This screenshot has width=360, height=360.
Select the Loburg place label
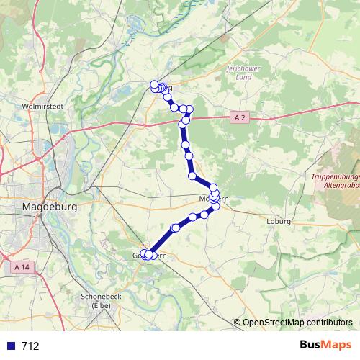point(278,222)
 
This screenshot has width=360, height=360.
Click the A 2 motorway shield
point(240,116)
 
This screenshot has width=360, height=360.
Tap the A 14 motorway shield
point(22,266)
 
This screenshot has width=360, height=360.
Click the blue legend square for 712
point(9,346)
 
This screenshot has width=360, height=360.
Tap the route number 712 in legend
point(30,346)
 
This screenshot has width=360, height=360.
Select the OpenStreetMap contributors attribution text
point(297,323)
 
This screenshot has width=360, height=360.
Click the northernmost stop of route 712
point(154,84)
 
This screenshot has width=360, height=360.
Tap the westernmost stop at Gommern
point(143,253)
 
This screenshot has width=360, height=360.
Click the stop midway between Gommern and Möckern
point(175,228)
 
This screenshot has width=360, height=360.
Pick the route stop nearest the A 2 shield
point(189,109)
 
